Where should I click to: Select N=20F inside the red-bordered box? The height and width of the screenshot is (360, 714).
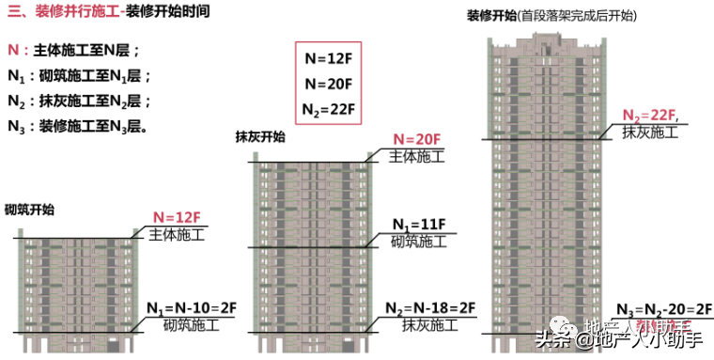tap(329, 83)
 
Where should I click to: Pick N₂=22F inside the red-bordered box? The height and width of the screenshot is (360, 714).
tap(329, 108)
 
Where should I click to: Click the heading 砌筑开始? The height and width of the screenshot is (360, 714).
tap(29, 210)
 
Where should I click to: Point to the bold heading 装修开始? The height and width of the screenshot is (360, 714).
tap(489, 16)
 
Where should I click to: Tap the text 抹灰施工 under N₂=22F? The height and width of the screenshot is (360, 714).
tap(649, 133)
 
